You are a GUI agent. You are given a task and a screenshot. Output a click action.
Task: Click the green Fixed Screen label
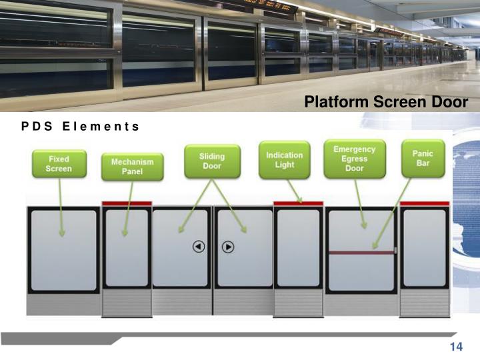(x=59, y=164)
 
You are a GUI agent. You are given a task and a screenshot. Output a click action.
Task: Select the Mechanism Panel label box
(x=132, y=167)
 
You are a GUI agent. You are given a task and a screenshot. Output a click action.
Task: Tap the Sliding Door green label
(x=212, y=161)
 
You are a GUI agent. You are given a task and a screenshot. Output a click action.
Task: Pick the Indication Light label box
(x=285, y=160)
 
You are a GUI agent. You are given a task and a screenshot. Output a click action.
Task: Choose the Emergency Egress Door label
(x=354, y=159)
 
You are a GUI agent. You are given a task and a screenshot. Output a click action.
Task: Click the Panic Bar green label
(x=423, y=158)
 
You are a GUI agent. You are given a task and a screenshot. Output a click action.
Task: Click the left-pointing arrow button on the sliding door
(x=199, y=247)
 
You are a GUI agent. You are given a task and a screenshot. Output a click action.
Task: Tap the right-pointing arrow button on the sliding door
(x=228, y=247)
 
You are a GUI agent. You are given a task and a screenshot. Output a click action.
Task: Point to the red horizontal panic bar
(x=361, y=252)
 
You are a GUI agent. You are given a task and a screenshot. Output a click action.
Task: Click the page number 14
(x=456, y=347)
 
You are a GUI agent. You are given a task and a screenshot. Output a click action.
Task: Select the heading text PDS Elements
(x=79, y=126)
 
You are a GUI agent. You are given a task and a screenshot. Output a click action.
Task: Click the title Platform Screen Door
(x=387, y=102)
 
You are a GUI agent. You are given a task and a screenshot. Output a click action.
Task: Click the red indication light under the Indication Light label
(x=298, y=203)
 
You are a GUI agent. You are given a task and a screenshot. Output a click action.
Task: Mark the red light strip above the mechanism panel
(x=127, y=203)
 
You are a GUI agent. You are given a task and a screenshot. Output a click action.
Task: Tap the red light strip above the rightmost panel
(x=424, y=203)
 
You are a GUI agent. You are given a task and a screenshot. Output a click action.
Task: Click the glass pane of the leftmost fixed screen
(x=63, y=249)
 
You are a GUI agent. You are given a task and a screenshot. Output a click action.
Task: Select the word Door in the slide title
(x=450, y=102)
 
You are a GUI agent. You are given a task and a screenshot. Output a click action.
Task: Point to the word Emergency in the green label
(x=354, y=149)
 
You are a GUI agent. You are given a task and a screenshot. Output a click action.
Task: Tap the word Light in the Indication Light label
(x=285, y=165)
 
